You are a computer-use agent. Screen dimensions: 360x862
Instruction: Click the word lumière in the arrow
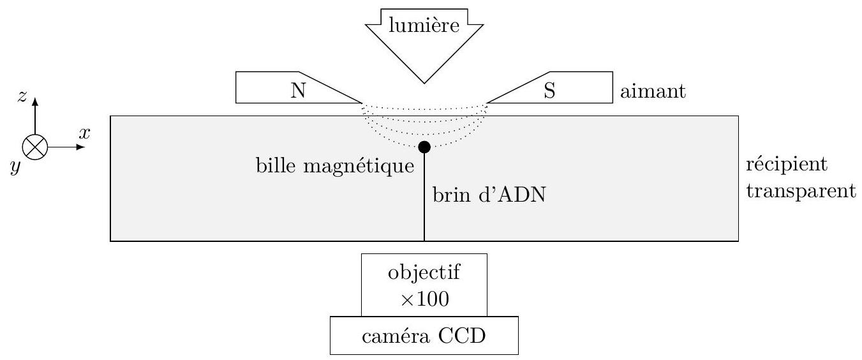(424, 26)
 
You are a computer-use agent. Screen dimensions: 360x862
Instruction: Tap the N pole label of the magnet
(297, 91)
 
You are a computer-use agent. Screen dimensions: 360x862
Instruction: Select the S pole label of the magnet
(549, 91)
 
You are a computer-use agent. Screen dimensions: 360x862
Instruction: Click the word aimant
(652, 92)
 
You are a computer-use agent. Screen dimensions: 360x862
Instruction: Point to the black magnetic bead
(424, 147)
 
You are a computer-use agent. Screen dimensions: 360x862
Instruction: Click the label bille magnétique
(334, 167)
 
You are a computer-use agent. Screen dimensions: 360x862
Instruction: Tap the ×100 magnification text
(424, 299)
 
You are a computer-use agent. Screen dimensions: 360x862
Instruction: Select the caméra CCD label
(424, 334)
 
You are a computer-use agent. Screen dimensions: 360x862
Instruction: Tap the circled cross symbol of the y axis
(34, 147)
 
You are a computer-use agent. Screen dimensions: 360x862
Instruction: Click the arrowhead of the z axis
(34, 102)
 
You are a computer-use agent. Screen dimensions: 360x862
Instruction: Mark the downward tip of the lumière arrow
(424, 82)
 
